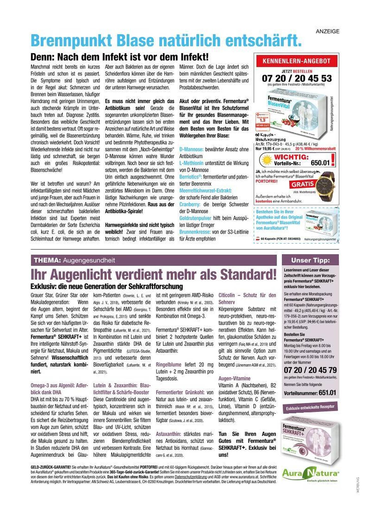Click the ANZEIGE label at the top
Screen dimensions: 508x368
[x=327, y=31]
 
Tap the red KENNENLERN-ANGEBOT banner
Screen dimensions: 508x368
[x=296, y=61]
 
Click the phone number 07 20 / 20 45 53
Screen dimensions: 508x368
[x=297, y=78]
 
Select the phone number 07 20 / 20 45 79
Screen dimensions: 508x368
[x=310, y=370]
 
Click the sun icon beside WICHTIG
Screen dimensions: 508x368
[x=267, y=161]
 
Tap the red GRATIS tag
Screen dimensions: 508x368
[x=302, y=184]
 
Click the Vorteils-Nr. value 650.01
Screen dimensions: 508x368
[x=320, y=163]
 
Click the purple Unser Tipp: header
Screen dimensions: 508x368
[x=310, y=260]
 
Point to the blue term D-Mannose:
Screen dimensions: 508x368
[x=191, y=149]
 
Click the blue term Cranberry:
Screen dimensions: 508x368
[x=190, y=204]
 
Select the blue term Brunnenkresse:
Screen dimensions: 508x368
[x=195, y=232]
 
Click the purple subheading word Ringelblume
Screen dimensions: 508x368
[x=168, y=365]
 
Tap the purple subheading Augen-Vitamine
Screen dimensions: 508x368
[x=234, y=378]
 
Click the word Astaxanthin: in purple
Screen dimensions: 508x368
[x=168, y=434]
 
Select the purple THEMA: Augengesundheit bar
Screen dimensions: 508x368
[x=154, y=260]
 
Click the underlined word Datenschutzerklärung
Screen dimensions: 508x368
[x=191, y=477]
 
